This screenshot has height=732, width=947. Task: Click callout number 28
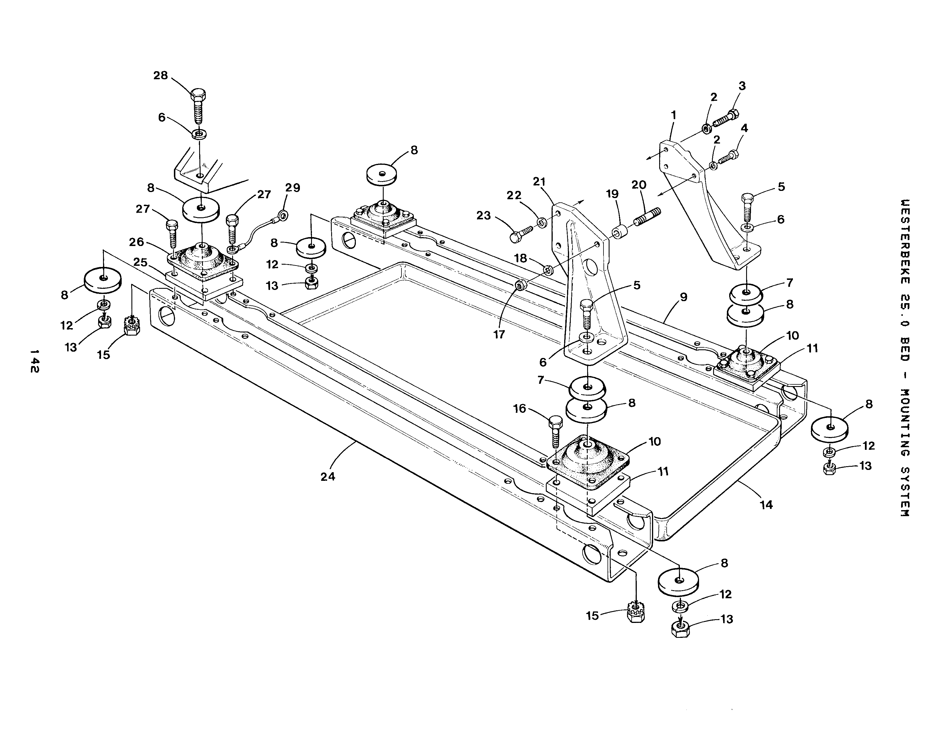160,75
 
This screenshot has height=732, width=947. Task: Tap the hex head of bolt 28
198,94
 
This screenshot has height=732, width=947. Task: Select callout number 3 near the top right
742,86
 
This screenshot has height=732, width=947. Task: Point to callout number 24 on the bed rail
328,477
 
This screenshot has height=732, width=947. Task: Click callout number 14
766,505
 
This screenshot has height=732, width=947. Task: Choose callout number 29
293,188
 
